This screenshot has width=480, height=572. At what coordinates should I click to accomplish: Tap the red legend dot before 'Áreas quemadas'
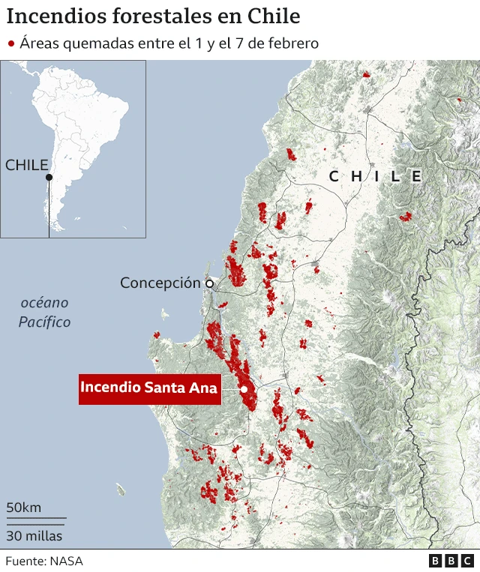tap(11, 43)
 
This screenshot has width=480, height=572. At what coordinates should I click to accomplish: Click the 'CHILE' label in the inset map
tap(27, 165)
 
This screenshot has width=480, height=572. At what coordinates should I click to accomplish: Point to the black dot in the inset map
tap(49, 178)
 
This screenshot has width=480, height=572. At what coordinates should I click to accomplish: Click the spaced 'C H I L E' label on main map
tap(375, 177)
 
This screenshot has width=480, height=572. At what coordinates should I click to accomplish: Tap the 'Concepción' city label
tap(160, 283)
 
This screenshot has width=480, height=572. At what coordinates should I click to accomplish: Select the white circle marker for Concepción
tap(210, 283)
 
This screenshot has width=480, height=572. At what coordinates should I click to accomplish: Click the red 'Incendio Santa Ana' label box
tap(149, 388)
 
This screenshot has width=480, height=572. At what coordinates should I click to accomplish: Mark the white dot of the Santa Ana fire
tap(244, 389)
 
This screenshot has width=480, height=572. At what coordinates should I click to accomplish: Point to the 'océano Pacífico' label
tap(45, 313)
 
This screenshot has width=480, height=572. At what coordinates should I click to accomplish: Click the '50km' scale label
tap(24, 508)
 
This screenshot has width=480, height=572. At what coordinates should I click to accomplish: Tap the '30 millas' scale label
tap(34, 536)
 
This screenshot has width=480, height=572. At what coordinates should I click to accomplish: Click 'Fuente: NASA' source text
tap(44, 561)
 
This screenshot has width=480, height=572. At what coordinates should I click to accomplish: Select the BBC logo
tap(451, 561)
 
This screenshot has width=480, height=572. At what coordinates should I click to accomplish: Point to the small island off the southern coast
tap(121, 490)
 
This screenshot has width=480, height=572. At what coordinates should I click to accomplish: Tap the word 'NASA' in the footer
tap(67, 561)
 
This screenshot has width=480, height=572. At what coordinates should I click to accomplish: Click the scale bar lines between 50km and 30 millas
tap(36, 520)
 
